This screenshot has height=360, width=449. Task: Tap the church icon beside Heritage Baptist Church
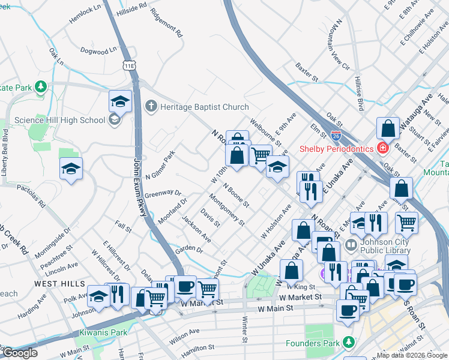coord(151,107)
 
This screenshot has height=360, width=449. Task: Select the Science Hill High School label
coord(60,120)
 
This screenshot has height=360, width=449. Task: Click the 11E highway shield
coord(129,65)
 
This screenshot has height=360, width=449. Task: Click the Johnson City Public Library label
coord(385,247)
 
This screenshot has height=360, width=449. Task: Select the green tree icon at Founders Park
coord(349,342)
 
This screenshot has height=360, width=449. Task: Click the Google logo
coord(20,353)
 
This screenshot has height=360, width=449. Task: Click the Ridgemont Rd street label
coord(166,23)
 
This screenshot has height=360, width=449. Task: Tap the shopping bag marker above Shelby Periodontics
coord(388,127)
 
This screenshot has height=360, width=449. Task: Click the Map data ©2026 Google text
coord(412,355)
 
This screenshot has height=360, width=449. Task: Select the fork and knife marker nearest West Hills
coord(117,295)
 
